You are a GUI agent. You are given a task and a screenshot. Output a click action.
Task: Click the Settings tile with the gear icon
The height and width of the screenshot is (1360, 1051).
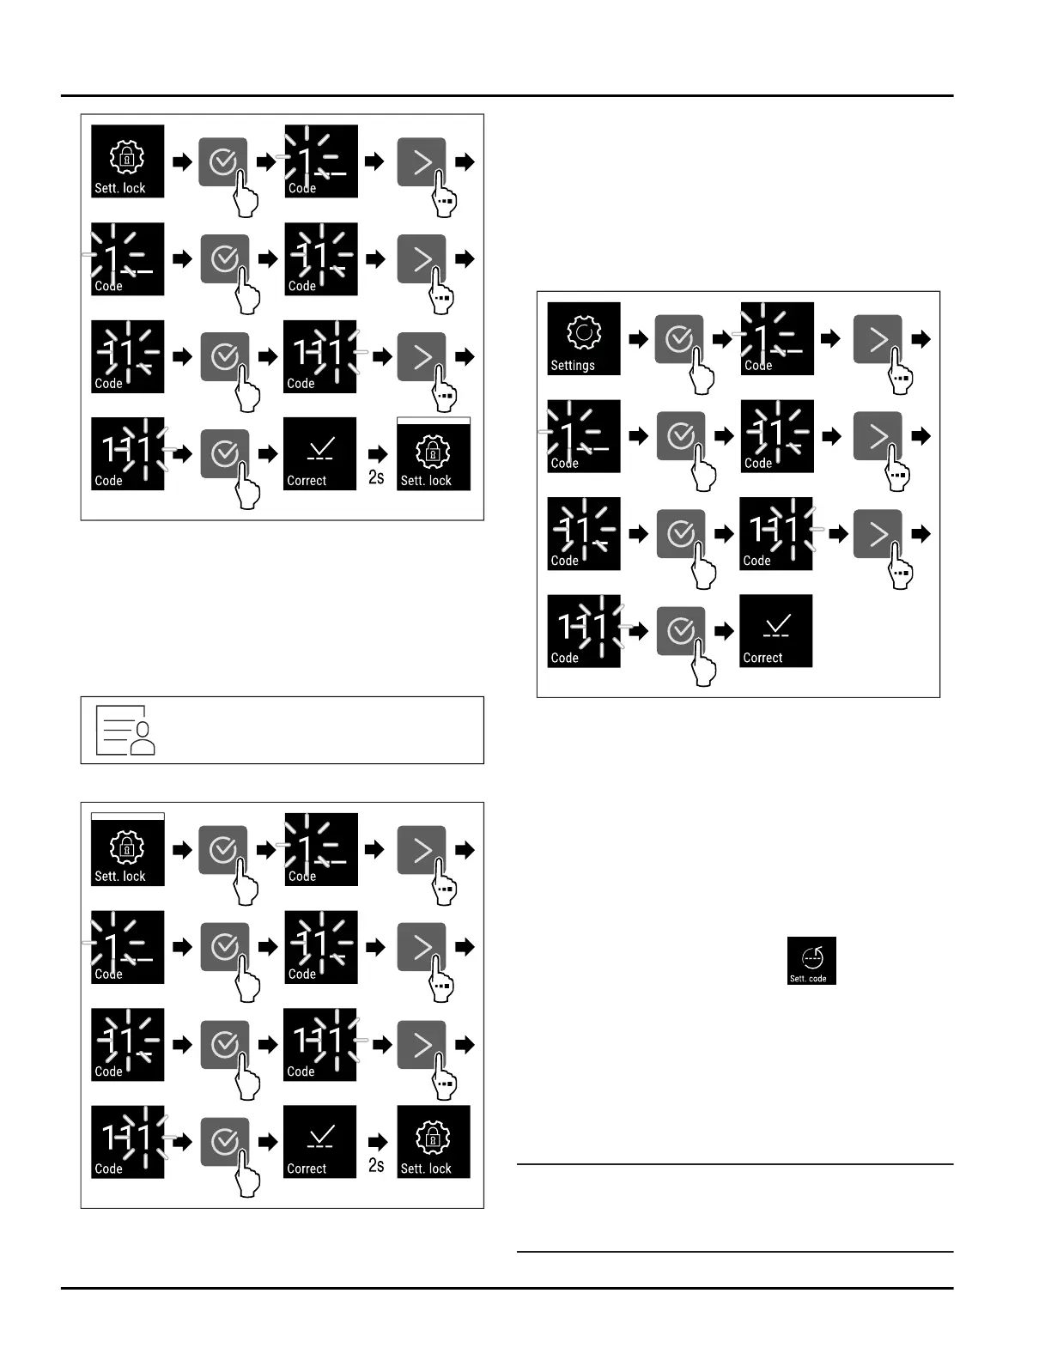(584, 338)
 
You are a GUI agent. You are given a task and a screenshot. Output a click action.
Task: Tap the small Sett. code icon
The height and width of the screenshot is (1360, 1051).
(811, 961)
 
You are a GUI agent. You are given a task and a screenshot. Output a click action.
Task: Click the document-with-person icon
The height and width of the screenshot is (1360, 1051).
(125, 731)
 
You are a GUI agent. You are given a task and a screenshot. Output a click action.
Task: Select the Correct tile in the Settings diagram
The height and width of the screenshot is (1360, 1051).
(776, 631)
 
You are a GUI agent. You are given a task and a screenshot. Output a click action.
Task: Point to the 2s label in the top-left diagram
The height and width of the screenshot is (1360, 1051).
(376, 477)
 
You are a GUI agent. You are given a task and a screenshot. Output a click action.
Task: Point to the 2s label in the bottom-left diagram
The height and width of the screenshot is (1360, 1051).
(376, 1165)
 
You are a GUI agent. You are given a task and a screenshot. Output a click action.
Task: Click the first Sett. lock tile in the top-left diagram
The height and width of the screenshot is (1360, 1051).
(128, 161)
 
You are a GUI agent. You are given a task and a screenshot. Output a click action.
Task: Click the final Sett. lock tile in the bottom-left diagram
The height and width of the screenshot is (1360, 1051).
(434, 1142)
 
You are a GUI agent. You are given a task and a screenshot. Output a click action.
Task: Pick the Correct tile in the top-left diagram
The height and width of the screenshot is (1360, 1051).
(319, 454)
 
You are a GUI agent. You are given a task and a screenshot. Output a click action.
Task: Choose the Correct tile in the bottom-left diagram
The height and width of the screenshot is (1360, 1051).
(319, 1142)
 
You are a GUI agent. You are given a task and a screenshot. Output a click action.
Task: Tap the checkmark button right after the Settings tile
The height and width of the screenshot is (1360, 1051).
(678, 338)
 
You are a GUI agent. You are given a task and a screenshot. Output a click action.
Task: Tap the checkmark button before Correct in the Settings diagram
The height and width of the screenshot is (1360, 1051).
(680, 631)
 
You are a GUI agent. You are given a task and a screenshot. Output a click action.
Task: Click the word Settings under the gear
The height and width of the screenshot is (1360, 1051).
(573, 366)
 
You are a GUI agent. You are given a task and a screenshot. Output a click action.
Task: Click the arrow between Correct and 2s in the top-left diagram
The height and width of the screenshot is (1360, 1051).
(377, 453)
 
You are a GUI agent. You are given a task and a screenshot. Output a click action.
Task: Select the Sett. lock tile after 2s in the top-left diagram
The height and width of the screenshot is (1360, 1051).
(434, 454)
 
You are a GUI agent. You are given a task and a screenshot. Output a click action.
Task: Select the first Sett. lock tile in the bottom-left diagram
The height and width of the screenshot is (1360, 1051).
(128, 849)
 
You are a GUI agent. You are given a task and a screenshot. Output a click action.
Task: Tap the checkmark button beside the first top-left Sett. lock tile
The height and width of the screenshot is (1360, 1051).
(223, 161)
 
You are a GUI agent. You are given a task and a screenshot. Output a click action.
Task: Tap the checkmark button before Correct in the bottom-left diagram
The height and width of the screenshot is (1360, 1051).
(224, 1142)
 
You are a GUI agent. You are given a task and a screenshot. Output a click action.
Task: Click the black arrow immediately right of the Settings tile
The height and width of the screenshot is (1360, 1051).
(638, 339)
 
